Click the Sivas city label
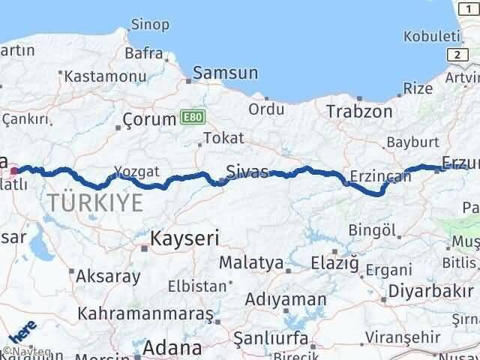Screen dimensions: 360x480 [x=247, y=172]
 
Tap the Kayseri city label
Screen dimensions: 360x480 [x=184, y=238]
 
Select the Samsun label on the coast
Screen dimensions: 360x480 [x=225, y=73]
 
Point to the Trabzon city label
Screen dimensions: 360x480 [x=358, y=111]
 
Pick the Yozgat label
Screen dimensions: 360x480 [x=136, y=172]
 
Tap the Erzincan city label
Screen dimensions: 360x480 [x=380, y=177]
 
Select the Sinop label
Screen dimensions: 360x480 [x=149, y=24]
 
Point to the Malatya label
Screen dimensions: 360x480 [x=251, y=262]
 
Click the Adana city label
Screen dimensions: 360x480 [x=172, y=348]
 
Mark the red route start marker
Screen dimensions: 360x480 [x=14, y=170]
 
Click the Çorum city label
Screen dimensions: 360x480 [x=148, y=118]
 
